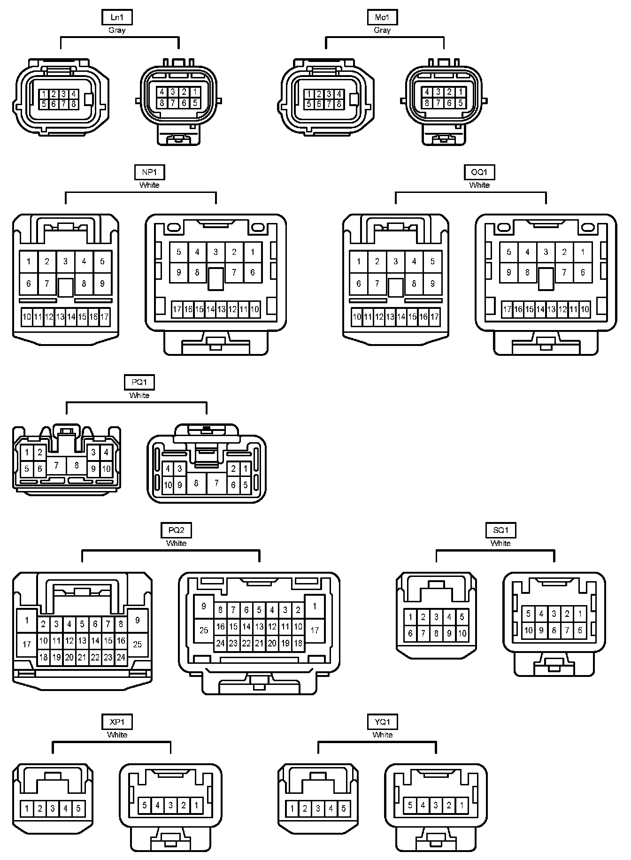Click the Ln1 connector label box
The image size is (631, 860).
tap(117, 18)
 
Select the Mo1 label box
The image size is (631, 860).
tap(382, 18)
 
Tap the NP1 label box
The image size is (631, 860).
tap(149, 172)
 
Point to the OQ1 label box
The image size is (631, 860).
tap(479, 172)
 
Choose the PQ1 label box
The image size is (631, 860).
tap(139, 382)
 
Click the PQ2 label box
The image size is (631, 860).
tap(176, 530)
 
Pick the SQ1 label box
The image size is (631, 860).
tap(500, 530)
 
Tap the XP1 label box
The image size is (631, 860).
tap(117, 722)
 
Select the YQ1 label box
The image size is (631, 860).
tap(383, 722)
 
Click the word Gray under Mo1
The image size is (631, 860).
tap(382, 30)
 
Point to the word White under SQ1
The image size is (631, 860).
tap(500, 543)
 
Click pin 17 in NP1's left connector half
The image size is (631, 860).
tap(105, 317)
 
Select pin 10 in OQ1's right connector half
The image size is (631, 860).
tap(585, 309)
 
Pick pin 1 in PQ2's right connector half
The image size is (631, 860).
tap(315, 606)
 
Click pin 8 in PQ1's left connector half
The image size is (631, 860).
tap(77, 466)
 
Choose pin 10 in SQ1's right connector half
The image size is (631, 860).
tap(529, 630)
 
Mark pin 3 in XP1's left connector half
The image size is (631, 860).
tap(53, 808)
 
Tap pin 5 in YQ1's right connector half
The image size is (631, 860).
tap(410, 806)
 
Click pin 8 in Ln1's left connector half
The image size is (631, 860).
tap(74, 104)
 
